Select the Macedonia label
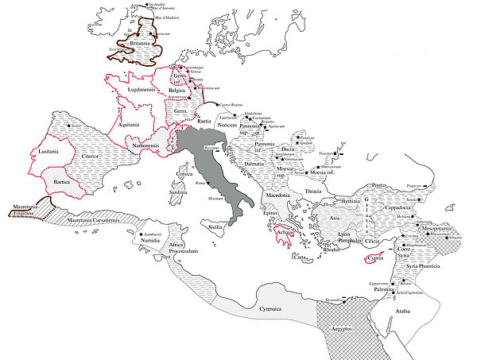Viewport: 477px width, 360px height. click(277, 195)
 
